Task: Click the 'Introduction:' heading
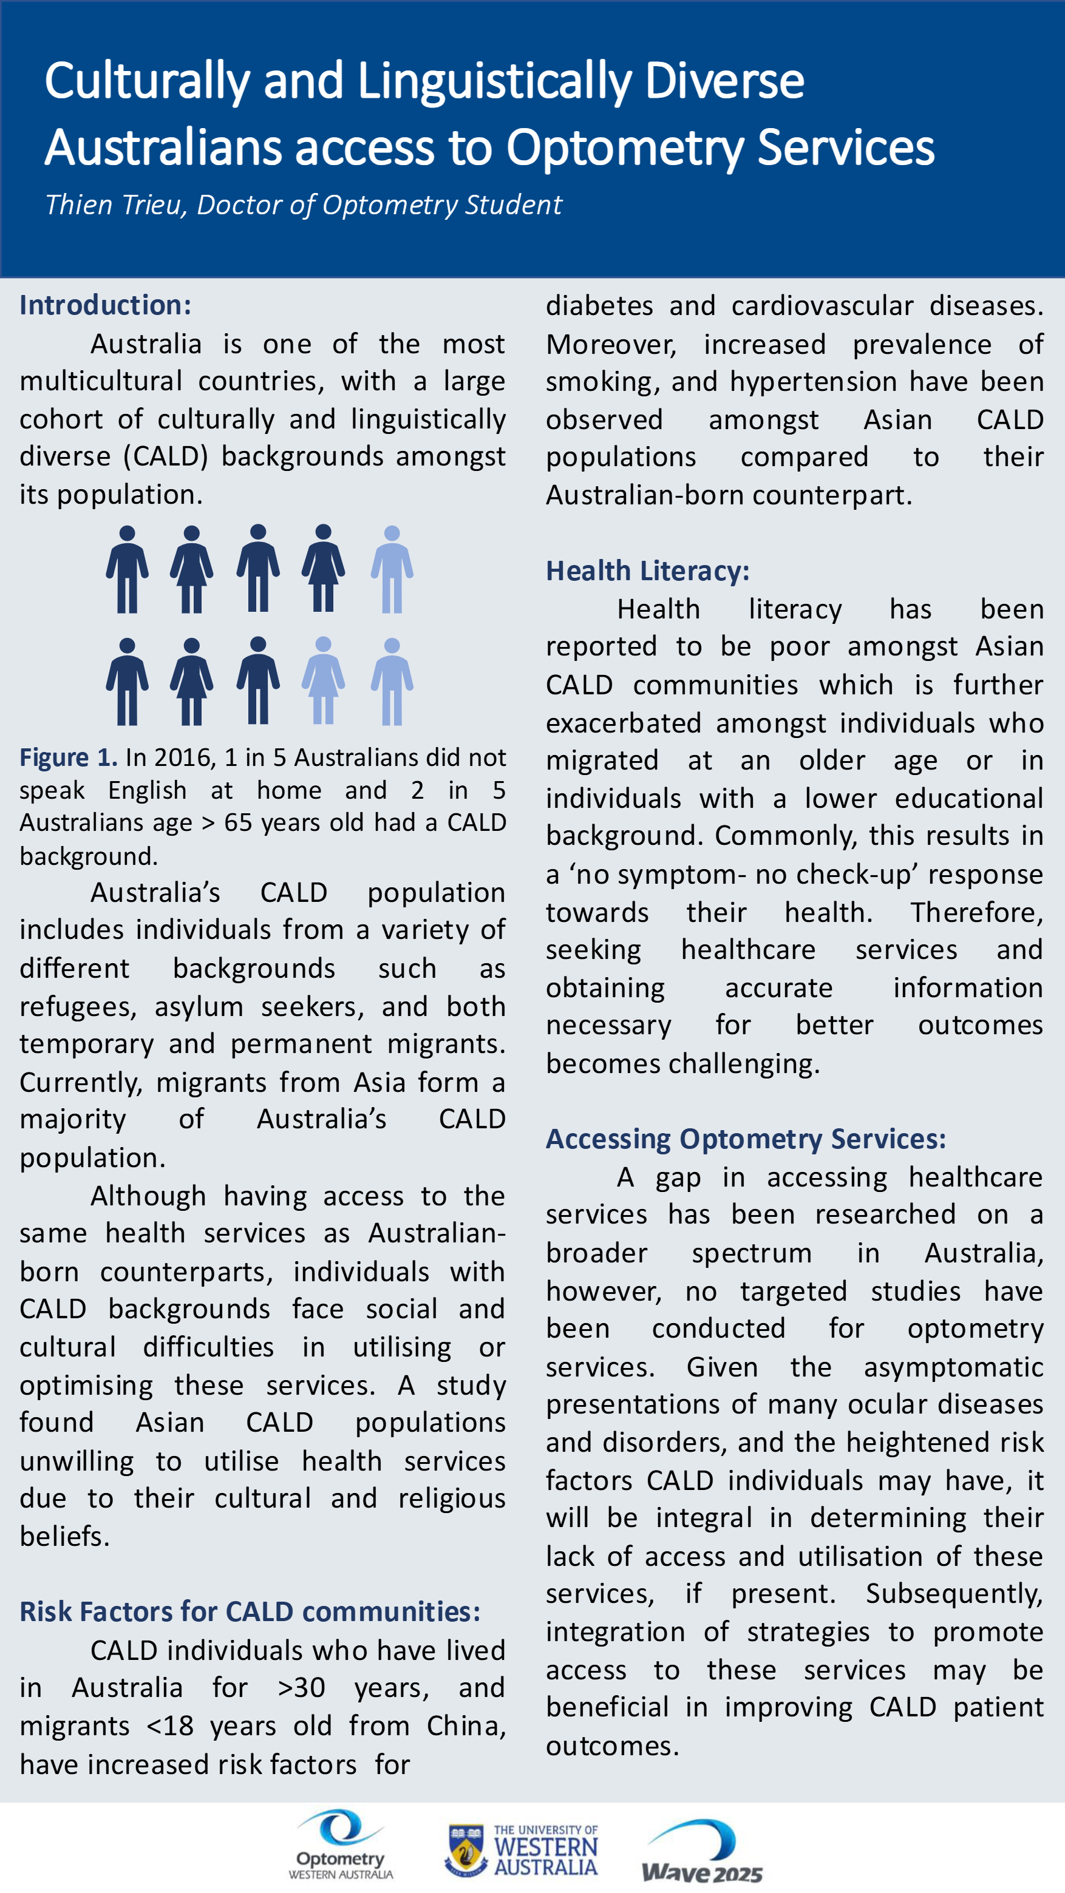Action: point(105,305)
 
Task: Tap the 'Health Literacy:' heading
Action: point(647,571)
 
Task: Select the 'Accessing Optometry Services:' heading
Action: point(745,1139)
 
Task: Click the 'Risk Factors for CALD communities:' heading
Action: point(250,1611)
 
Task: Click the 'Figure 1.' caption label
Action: point(67,757)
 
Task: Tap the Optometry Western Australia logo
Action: point(340,1845)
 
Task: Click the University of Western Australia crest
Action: point(465,1850)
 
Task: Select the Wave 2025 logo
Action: point(702,1851)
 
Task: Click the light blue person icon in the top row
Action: point(392,569)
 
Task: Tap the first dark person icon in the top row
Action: point(127,569)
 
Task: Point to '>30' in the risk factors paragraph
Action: point(301,1688)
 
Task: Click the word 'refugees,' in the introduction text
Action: point(78,1006)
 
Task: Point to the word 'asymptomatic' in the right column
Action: point(953,1367)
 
